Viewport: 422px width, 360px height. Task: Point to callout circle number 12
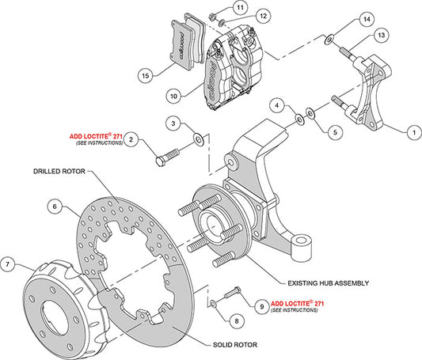(241, 15)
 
